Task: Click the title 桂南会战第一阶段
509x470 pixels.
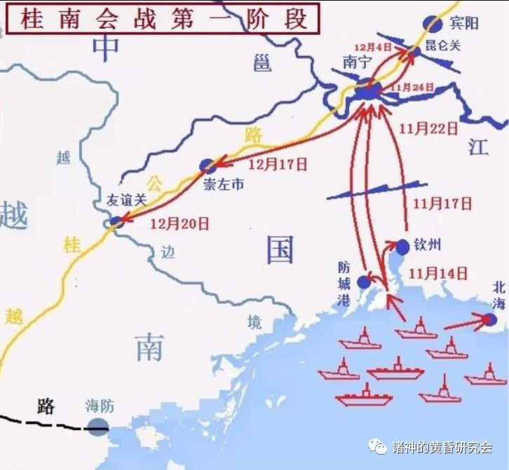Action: coord(164,18)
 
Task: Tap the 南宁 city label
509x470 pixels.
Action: coord(355,62)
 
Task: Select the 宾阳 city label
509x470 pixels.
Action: coord(463,23)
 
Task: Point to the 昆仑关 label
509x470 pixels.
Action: coord(443,47)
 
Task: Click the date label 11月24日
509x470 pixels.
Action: coord(412,88)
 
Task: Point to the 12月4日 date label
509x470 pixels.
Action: coord(372,47)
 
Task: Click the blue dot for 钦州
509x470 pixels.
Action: coord(402,247)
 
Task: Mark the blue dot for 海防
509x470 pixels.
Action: coord(98,426)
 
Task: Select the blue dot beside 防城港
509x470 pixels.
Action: coord(363,282)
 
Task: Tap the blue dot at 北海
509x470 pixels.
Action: coord(490,319)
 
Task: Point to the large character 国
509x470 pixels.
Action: coord(280,249)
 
